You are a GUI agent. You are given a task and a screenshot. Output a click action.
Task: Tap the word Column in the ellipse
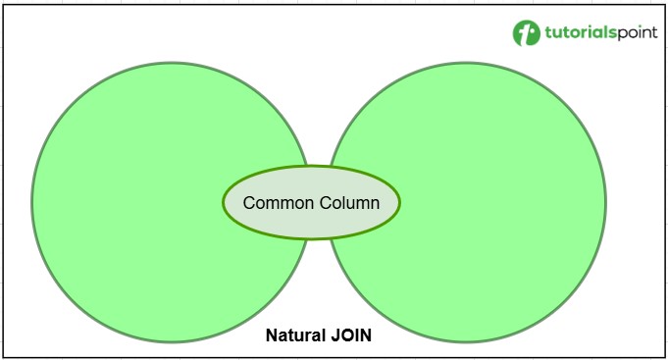351,203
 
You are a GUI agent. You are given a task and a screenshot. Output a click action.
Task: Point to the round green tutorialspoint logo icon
527,33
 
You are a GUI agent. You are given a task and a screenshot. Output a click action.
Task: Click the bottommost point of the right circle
466,342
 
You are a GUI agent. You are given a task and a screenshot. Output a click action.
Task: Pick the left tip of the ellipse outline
224,202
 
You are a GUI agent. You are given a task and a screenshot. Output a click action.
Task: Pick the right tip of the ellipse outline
400,202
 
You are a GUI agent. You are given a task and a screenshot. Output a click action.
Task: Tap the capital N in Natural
272,335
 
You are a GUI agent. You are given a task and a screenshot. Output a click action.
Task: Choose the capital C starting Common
249,203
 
